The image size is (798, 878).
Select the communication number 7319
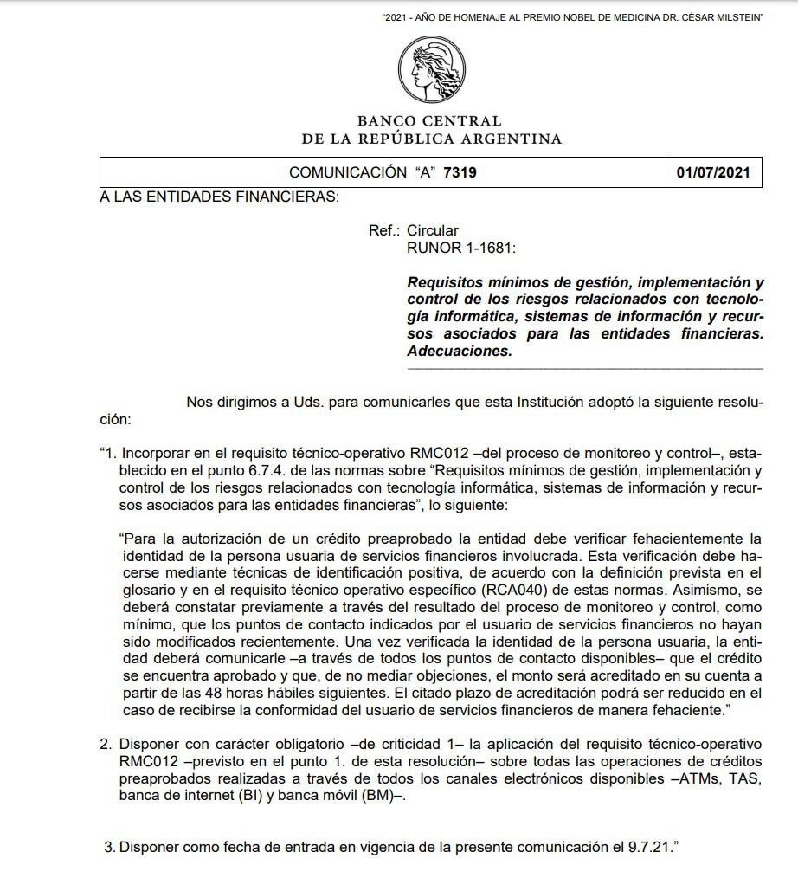(x=460, y=172)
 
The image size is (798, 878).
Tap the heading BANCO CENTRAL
(x=428, y=121)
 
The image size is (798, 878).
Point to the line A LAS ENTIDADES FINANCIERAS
(x=219, y=197)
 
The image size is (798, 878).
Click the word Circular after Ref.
(x=432, y=230)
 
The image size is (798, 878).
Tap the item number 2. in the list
(x=107, y=744)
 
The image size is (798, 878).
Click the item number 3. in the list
(x=109, y=846)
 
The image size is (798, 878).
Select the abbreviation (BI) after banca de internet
(x=251, y=796)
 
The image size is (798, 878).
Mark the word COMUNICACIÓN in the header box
(x=347, y=172)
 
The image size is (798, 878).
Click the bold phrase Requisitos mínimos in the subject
(x=472, y=282)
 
